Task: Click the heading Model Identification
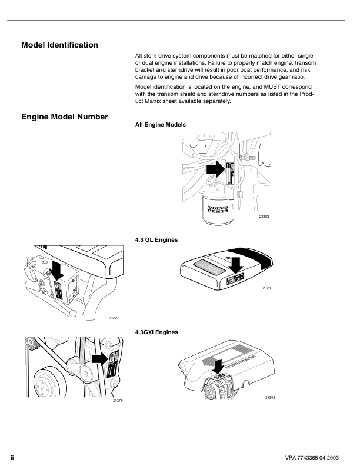(x=59, y=45)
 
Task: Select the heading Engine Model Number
(x=64, y=117)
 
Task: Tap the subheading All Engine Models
(x=161, y=125)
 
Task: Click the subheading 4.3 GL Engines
(x=156, y=240)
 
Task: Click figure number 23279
(x=114, y=318)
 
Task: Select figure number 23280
(x=268, y=287)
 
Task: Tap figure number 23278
(x=118, y=400)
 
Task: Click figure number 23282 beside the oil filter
(x=264, y=217)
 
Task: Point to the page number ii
(x=12, y=457)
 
